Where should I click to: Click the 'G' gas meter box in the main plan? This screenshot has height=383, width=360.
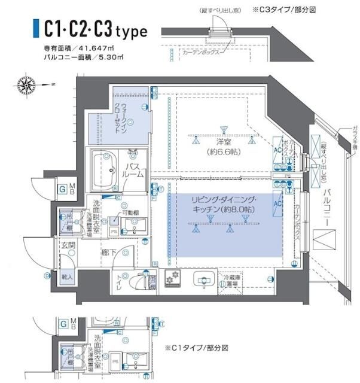62,190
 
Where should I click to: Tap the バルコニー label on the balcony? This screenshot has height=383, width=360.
327,206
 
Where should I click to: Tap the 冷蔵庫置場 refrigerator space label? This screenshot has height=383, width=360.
230,280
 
